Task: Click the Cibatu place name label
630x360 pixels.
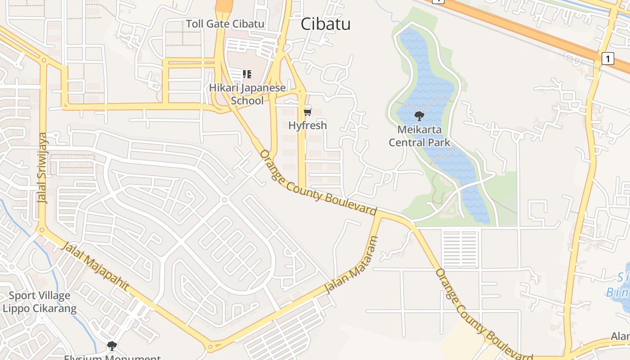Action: (x=325, y=24)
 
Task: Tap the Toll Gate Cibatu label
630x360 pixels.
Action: (x=225, y=24)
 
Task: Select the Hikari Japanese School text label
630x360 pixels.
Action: (x=247, y=94)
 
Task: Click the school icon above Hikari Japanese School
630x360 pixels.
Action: (x=247, y=74)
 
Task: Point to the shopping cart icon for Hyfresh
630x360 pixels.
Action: (x=308, y=112)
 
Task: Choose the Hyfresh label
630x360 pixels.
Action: (x=308, y=126)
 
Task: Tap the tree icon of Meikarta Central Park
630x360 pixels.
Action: (x=419, y=117)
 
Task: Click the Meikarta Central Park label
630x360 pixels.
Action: (x=419, y=136)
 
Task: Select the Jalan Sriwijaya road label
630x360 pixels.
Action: (x=43, y=168)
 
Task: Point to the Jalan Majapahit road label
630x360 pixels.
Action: (x=94, y=266)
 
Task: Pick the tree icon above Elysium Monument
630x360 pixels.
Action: (x=112, y=346)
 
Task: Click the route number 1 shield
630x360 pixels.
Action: (x=607, y=58)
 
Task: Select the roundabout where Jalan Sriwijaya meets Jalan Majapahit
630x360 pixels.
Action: (x=42, y=230)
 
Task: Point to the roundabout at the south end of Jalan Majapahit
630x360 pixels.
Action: (x=210, y=347)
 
